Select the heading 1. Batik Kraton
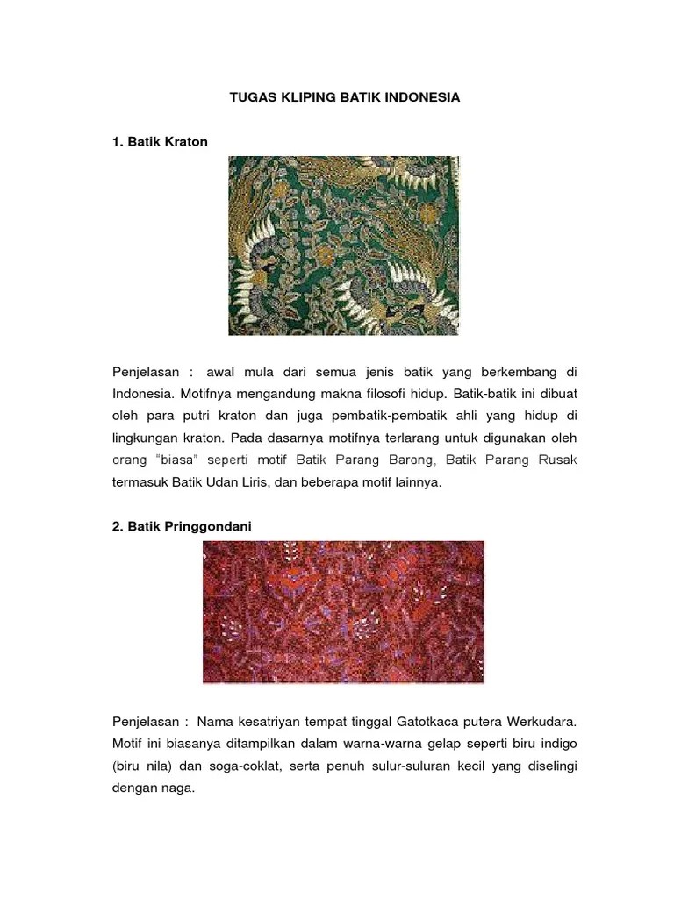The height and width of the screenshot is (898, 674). pyautogui.click(x=160, y=141)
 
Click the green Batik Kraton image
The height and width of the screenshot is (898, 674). pyautogui.click(x=343, y=246)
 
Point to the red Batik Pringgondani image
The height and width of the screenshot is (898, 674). pyautogui.click(x=343, y=611)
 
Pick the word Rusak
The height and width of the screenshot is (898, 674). pyautogui.click(x=556, y=460)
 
